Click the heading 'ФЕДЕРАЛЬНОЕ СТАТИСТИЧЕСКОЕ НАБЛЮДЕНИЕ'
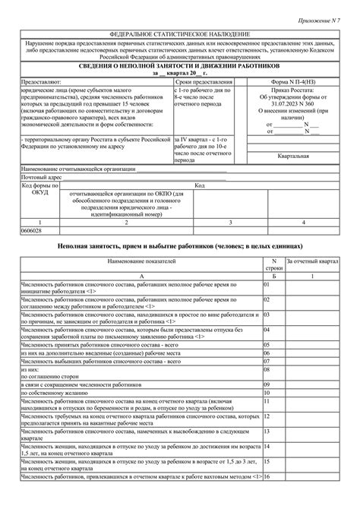[180, 35]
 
